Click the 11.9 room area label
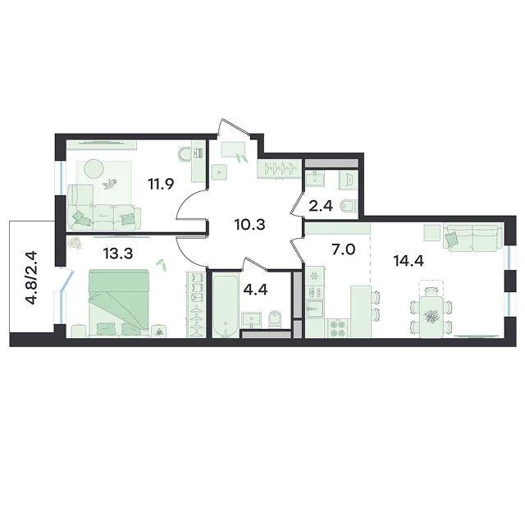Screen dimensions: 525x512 click(161, 184)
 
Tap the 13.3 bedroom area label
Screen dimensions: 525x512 click(118, 254)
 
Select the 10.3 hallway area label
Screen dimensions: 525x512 click(249, 225)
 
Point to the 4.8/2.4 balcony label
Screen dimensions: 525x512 click(33, 277)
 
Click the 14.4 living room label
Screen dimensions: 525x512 click(409, 261)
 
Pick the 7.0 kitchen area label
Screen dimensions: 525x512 click(344, 249)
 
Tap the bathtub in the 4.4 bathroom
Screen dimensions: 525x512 click(226, 304)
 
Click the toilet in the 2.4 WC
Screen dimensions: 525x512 click(349, 206)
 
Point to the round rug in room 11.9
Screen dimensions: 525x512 click(94, 169)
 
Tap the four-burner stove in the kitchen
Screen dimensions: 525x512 click(337, 328)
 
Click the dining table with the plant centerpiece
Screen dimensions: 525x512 click(431, 314)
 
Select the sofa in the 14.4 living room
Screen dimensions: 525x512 click(473, 237)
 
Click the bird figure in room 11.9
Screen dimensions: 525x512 click(109, 184)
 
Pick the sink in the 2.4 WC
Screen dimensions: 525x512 click(315, 177)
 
